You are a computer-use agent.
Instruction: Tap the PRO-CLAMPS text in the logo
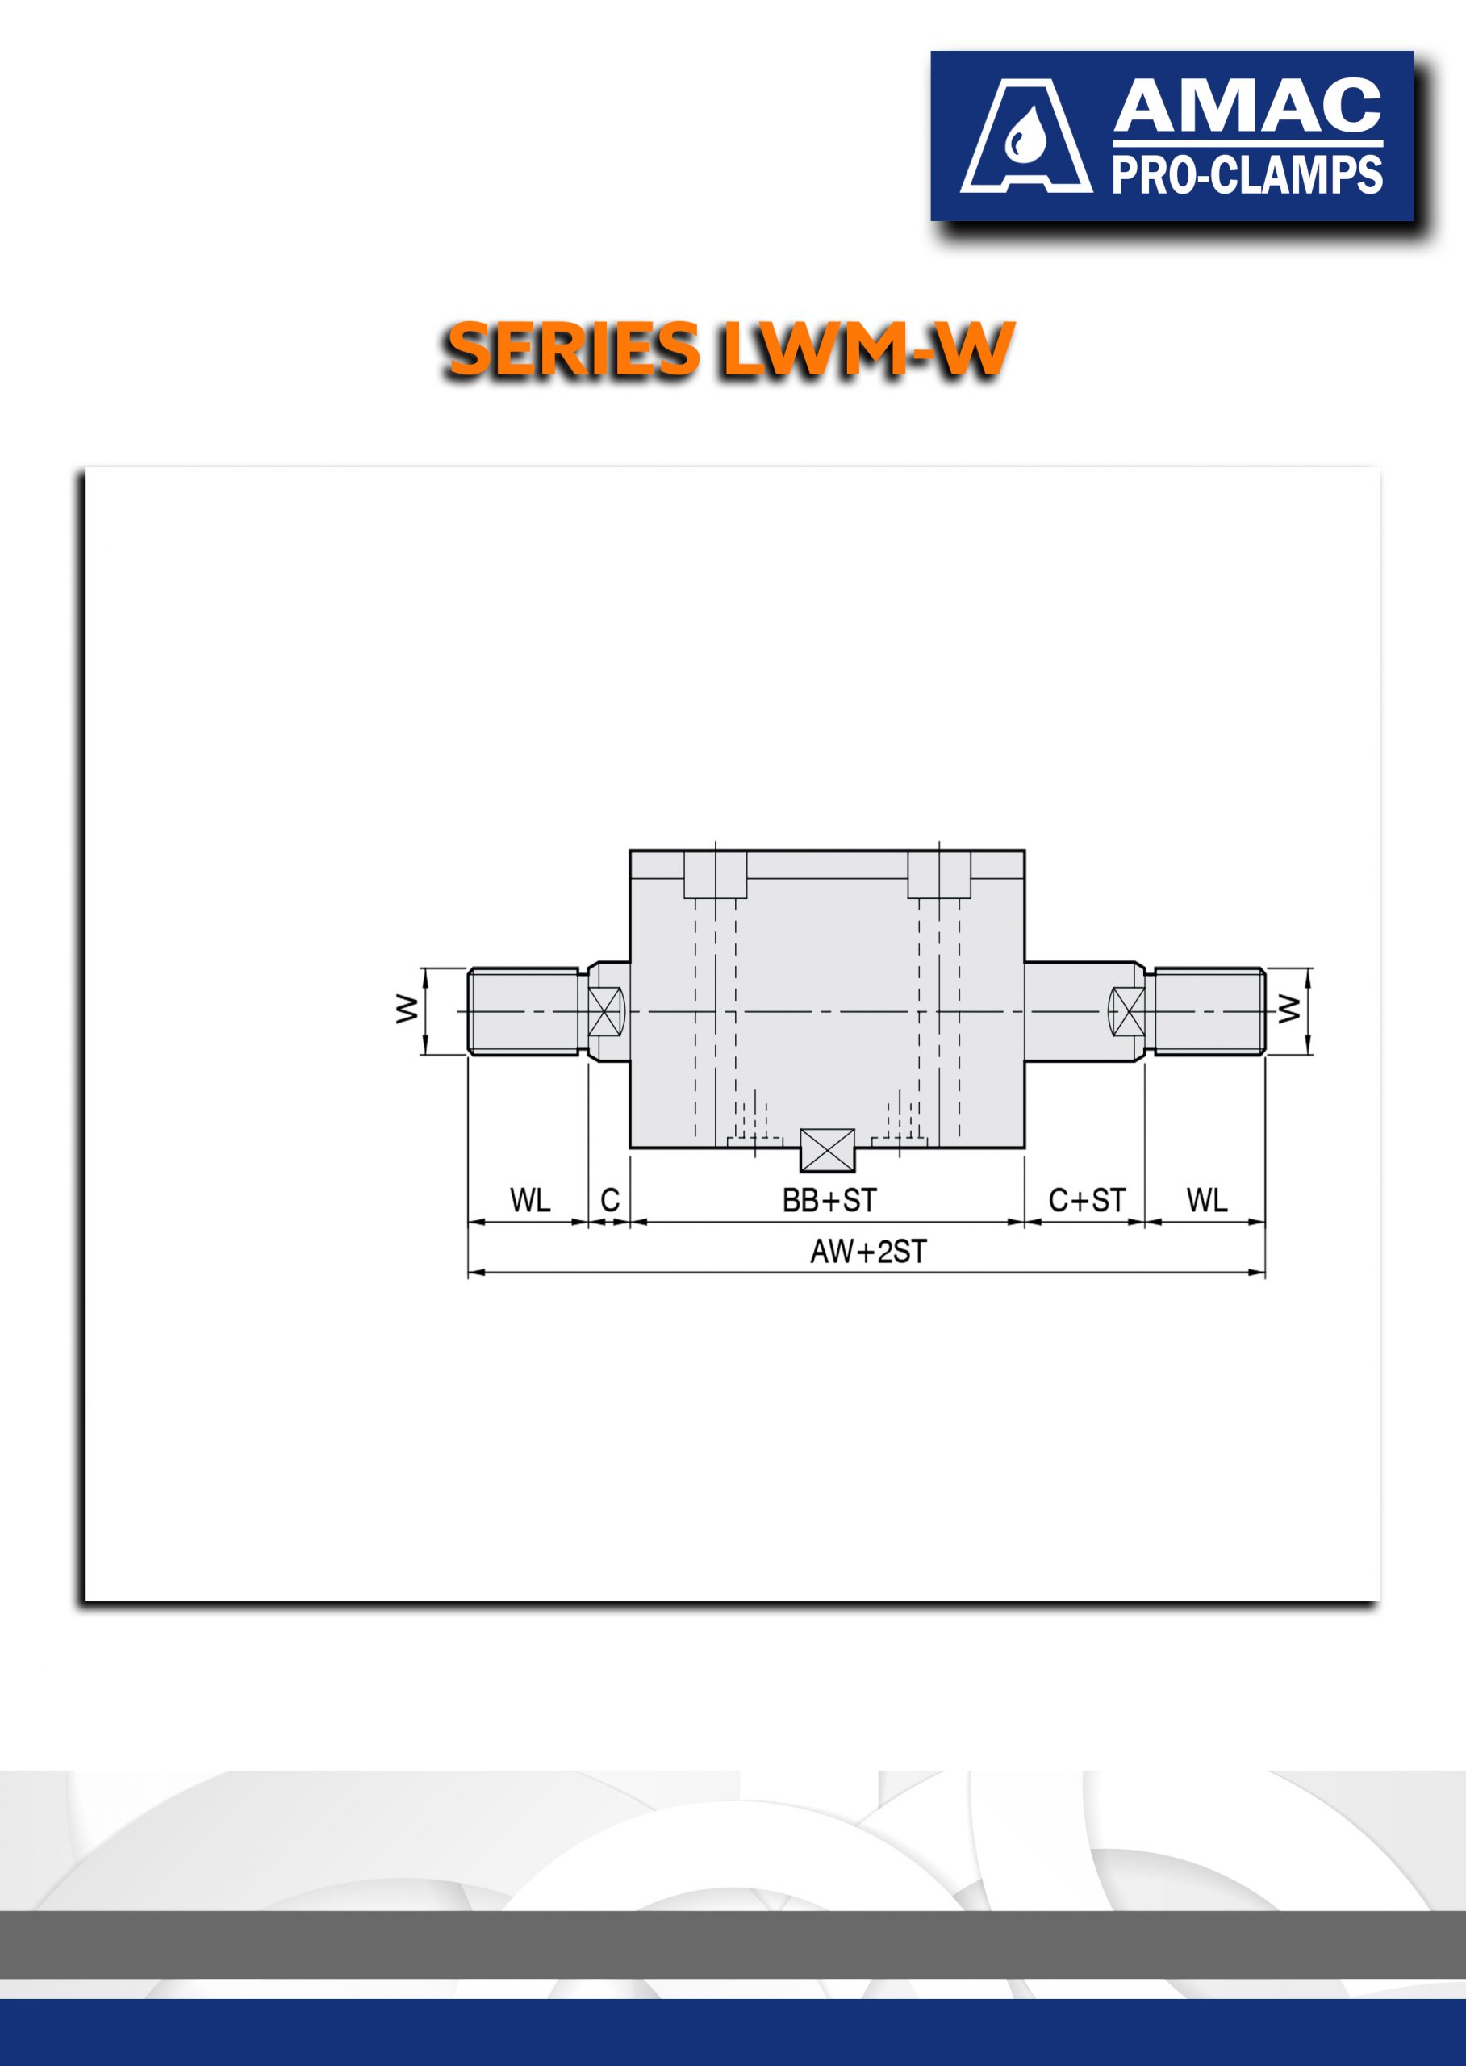pyautogui.click(x=1247, y=174)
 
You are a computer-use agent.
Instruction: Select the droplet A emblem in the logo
pyautogui.click(x=1025, y=136)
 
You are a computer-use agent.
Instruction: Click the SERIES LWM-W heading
pyautogui.click(x=729, y=349)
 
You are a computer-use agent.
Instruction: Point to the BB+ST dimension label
pyautogui.click(x=829, y=1200)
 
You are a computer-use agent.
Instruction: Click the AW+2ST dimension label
pyautogui.click(x=867, y=1252)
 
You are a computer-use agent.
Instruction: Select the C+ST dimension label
pyautogui.click(x=1086, y=1200)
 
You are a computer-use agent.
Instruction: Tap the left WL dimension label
pyautogui.click(x=530, y=1200)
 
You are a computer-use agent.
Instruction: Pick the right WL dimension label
pyautogui.click(x=1206, y=1200)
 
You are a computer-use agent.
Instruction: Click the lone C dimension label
pyautogui.click(x=610, y=1200)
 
